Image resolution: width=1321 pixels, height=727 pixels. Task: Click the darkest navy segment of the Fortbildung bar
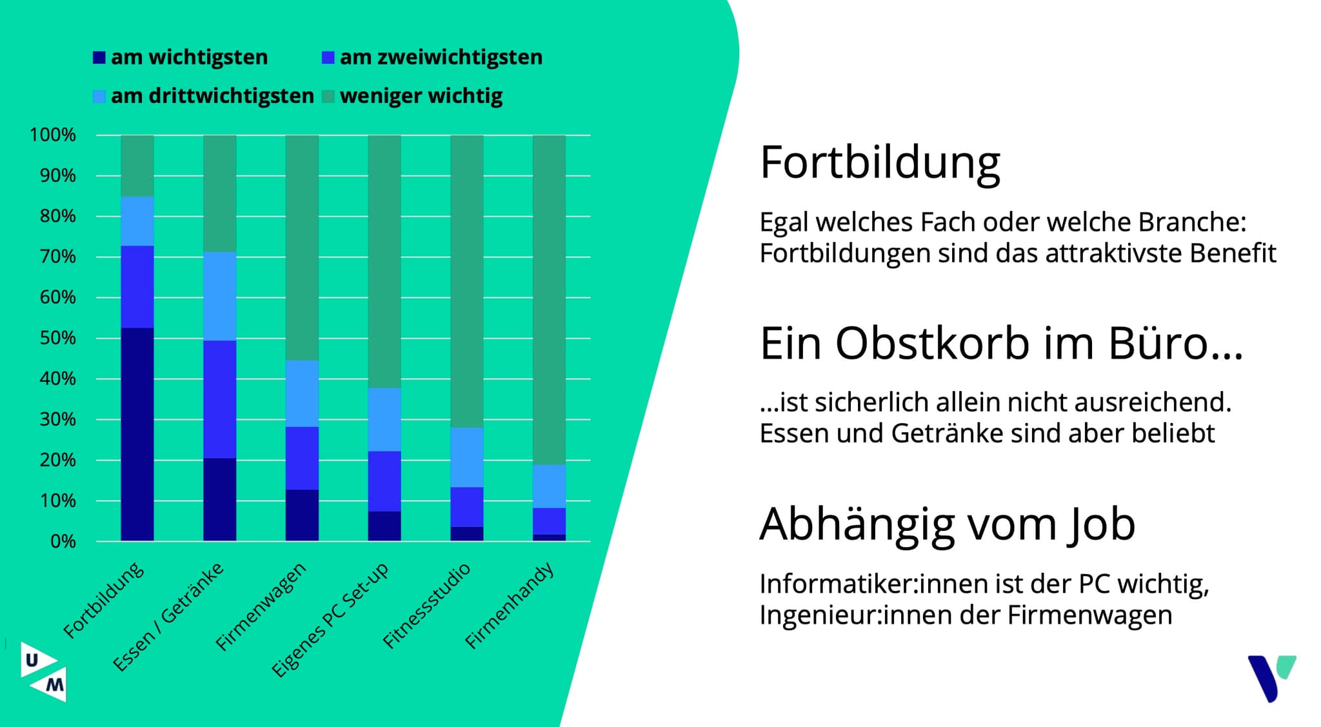[x=137, y=433]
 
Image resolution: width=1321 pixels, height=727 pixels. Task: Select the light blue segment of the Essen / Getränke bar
[x=219, y=296]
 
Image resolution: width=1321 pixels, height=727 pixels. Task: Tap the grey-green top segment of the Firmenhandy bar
[x=549, y=299]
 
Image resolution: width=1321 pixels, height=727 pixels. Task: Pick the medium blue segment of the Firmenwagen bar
[x=302, y=458]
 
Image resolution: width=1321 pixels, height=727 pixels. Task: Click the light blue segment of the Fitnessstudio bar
[x=466, y=457]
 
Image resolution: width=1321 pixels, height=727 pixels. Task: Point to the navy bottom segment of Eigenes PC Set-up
[x=384, y=526]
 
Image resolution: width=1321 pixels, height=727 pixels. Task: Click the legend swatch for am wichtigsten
[x=99, y=57]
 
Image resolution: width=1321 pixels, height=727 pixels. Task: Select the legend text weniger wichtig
[x=421, y=96]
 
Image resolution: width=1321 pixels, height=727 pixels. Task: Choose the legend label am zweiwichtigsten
[x=441, y=57]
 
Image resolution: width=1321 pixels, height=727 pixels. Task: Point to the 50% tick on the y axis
[x=57, y=338]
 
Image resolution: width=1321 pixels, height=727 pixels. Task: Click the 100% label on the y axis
[x=53, y=135]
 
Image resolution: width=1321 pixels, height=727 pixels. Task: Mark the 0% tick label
[x=63, y=541]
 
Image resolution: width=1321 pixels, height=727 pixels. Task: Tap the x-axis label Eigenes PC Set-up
[x=330, y=619]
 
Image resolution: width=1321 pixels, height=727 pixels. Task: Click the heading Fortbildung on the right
[x=880, y=163]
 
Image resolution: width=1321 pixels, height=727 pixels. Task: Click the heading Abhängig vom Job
[x=947, y=524]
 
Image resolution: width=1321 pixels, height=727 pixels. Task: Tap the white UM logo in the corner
[x=43, y=672]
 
